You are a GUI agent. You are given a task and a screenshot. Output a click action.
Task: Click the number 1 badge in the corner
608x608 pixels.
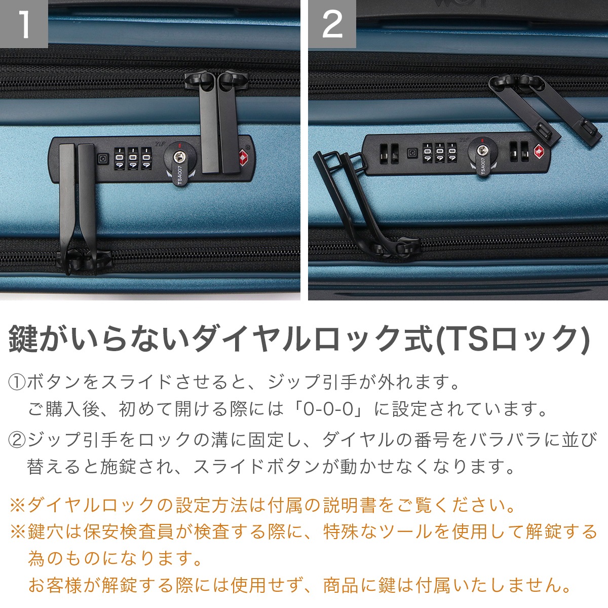point(23,24)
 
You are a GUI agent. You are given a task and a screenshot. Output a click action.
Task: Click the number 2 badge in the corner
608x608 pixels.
point(332,24)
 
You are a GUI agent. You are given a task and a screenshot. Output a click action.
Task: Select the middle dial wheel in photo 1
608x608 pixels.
point(133,158)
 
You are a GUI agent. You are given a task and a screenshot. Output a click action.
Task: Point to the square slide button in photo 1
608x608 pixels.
point(103,159)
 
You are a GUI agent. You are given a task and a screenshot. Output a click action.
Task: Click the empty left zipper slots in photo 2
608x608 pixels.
point(389,154)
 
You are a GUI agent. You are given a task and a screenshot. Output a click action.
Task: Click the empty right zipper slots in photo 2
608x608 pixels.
point(518,151)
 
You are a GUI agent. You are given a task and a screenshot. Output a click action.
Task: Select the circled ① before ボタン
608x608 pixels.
point(17,382)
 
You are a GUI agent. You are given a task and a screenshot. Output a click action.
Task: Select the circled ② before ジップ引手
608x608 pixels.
point(17,439)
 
